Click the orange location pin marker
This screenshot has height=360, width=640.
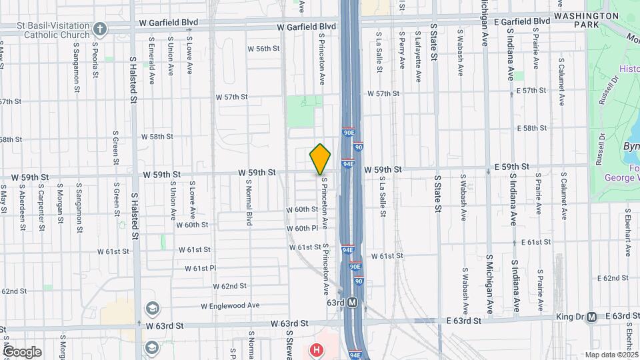coord(320,159)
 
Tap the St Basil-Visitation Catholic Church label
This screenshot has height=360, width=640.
coord(45,29)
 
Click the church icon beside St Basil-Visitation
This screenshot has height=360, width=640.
coord(100,29)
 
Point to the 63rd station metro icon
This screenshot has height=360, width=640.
coord(353,303)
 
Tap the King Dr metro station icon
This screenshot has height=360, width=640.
coord(591,317)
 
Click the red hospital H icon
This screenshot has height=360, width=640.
coord(317,349)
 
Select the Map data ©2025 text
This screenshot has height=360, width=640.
coord(612,355)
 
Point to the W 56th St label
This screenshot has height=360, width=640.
coord(263,49)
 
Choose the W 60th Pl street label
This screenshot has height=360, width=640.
coord(303,229)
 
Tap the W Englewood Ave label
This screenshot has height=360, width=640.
coord(230,305)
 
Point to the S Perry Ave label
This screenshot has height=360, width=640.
coord(401,49)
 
